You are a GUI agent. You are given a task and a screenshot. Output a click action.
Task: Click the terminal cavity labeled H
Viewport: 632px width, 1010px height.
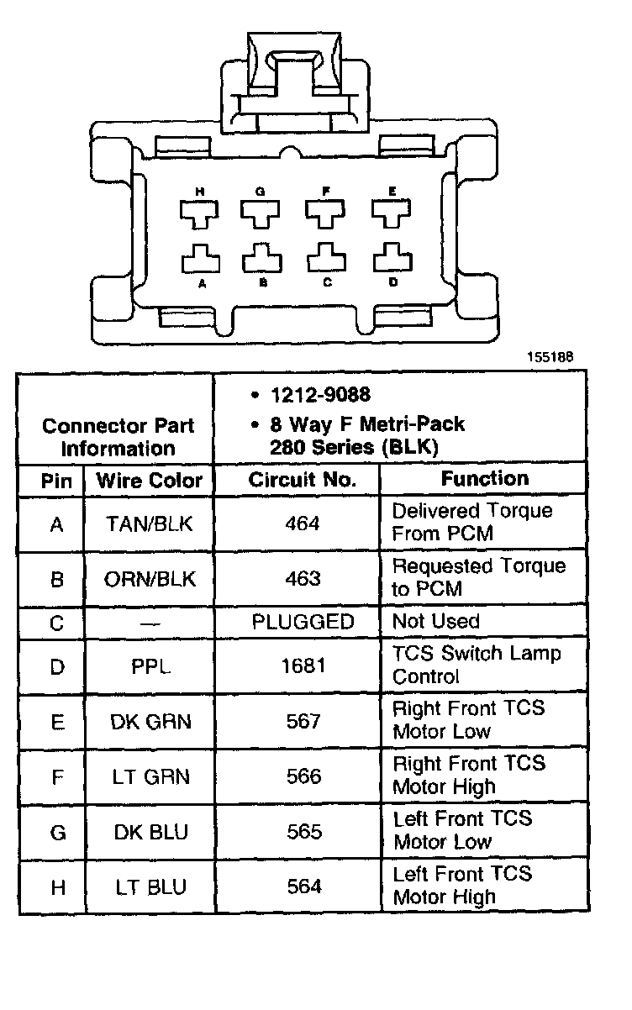coord(200,213)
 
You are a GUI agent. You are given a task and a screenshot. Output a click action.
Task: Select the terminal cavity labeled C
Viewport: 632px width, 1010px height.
coord(328,258)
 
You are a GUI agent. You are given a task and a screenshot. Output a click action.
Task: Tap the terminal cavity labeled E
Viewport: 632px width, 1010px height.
coord(392,213)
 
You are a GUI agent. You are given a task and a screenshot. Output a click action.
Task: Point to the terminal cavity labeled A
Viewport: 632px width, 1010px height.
coord(200,258)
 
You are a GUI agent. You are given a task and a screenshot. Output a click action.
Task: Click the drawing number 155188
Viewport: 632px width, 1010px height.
coord(550,355)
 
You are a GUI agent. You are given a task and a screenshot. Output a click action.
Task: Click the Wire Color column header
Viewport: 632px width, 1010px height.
coord(150,481)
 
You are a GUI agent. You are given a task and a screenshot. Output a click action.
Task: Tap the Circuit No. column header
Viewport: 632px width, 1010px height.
coord(303,480)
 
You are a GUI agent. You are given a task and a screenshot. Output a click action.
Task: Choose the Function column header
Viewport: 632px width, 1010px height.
coord(485,479)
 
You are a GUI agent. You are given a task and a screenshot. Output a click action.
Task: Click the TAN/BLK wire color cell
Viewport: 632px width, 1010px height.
coord(150,524)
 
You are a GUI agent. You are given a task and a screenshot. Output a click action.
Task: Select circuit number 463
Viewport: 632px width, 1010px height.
coord(303,579)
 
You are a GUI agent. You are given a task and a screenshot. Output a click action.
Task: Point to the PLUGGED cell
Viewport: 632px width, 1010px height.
coord(303,622)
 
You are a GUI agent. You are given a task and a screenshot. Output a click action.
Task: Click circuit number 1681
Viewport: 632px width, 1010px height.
coord(303,667)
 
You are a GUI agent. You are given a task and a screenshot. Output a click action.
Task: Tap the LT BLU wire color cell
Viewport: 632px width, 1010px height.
coord(150,886)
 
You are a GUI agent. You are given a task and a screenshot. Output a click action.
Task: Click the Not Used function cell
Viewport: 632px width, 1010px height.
coord(436,622)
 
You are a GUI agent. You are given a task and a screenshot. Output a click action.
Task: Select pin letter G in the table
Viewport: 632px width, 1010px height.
coord(57,833)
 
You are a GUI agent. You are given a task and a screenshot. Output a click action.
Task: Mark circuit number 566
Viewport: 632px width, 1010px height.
coord(303,776)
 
